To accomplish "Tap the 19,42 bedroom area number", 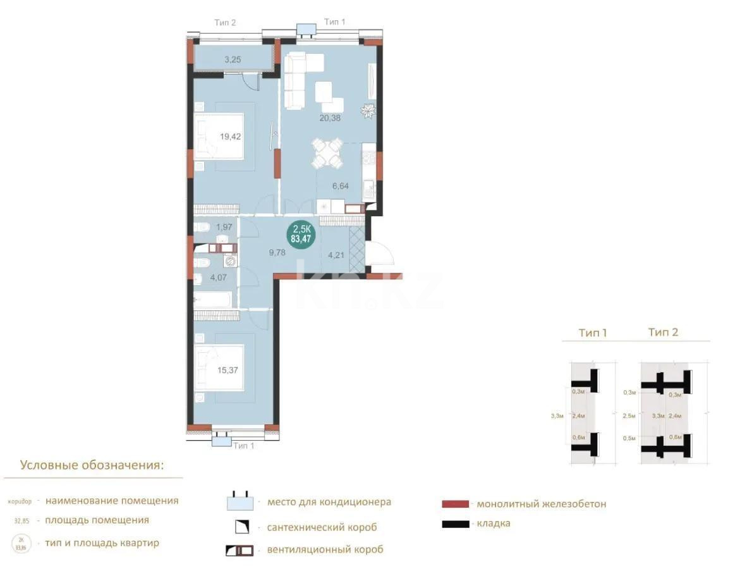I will click(230, 136).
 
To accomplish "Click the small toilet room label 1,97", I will click(224, 227).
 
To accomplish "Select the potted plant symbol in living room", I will click(368, 112).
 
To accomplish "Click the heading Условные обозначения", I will click(92, 465).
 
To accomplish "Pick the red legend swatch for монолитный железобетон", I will click(455, 504).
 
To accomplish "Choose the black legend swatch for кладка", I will click(455, 523).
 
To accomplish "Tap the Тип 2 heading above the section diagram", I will click(663, 332).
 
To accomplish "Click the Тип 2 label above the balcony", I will click(225, 22).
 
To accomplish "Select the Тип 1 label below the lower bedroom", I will click(244, 445).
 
